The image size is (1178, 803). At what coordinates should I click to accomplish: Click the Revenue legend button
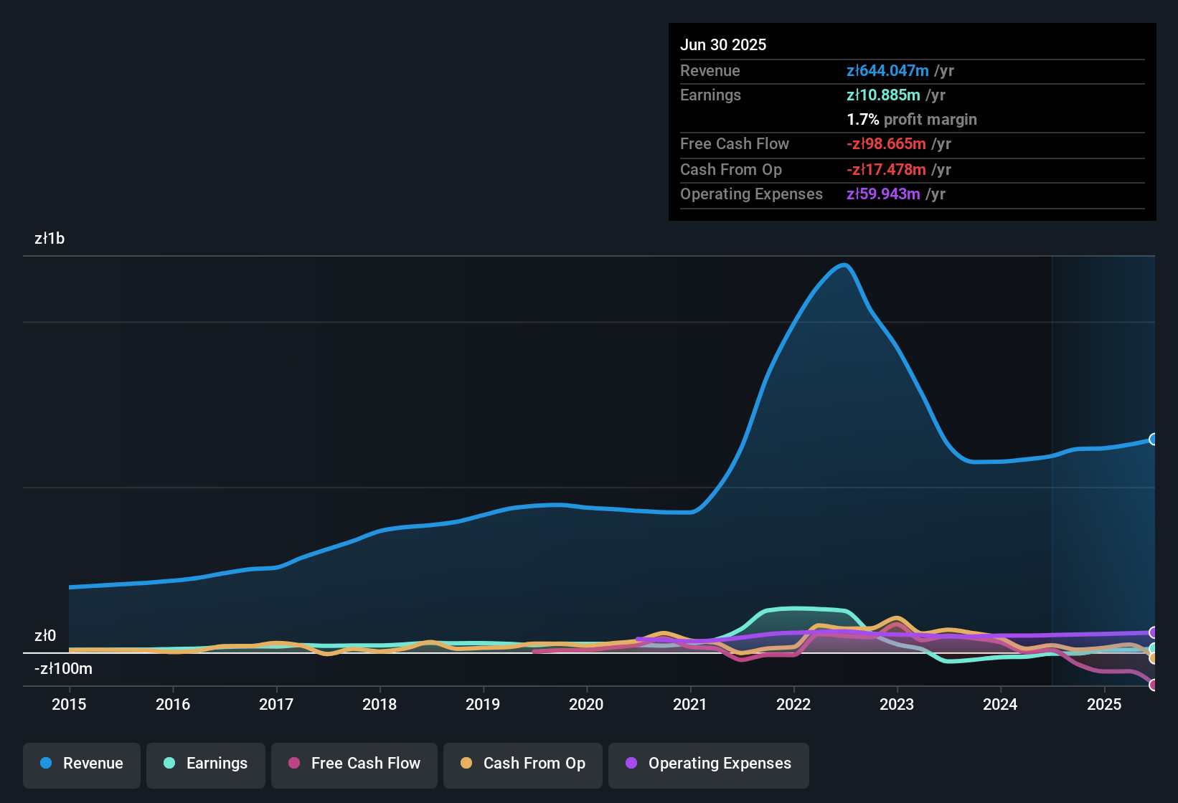82,764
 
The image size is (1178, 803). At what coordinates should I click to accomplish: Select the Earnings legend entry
206,764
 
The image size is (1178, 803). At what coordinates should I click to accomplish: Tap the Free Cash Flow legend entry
354,764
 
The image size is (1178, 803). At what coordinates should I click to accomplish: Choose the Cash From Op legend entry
523,764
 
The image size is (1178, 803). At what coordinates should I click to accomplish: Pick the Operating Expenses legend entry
709,764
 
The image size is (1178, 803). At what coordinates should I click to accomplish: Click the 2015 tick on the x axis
69,704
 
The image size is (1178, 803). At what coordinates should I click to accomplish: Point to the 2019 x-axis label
483,704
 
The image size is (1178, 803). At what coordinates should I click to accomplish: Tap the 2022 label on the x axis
793,704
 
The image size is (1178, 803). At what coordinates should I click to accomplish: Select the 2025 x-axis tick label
1104,704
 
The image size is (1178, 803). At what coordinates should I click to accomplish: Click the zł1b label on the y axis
50,239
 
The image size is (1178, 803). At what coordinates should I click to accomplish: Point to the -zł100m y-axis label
63,669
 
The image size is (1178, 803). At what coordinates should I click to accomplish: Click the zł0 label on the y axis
45,636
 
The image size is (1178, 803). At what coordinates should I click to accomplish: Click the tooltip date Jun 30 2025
723,44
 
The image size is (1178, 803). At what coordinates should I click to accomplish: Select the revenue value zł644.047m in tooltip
887,70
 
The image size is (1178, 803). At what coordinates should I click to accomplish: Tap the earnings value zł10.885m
883,95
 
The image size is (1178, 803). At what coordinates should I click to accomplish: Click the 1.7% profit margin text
912,120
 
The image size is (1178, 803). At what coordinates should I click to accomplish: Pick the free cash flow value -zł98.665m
886,143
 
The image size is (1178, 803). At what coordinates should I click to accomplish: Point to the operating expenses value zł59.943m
883,194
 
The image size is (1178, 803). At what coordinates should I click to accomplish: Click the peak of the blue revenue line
844,265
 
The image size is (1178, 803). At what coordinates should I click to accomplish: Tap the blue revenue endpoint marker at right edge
1153,439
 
